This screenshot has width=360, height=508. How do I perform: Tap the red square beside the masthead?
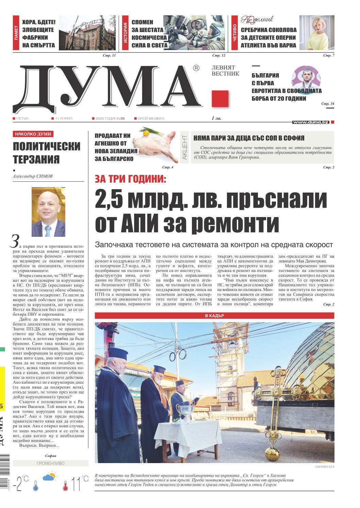click(220, 99)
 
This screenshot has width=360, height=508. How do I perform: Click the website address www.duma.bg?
click(310, 122)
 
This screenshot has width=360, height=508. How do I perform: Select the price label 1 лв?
click(217, 118)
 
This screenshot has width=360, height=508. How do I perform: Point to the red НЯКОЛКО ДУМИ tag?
click(33, 134)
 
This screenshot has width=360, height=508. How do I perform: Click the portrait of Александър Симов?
click(48, 212)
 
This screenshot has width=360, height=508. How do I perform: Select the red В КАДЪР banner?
click(214, 316)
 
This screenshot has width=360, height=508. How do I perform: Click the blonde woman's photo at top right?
click(321, 33)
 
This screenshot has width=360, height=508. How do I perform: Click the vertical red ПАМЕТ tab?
click(16, 33)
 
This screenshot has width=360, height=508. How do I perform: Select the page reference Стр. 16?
click(328, 103)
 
